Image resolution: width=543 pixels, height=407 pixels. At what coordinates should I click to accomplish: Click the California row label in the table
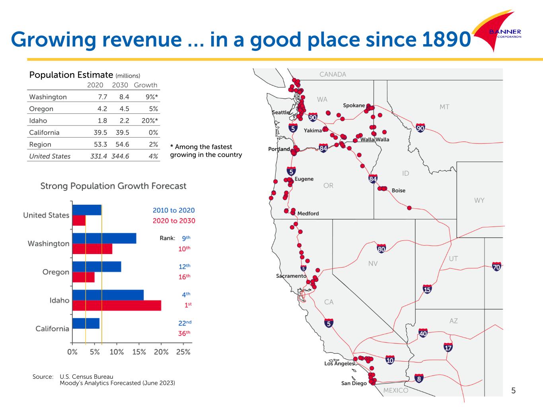tap(44, 133)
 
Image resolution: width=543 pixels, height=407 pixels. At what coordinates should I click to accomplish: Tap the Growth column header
tap(146, 85)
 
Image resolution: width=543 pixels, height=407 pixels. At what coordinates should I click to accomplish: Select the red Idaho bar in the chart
tap(117, 305)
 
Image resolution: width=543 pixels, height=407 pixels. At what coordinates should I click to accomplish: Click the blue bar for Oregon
tap(97, 267)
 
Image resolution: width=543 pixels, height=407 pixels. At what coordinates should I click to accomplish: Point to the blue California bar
tap(86, 324)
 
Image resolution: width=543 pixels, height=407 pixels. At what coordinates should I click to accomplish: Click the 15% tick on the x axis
tap(139, 352)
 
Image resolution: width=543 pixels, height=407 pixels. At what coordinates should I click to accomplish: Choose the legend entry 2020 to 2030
tap(174, 221)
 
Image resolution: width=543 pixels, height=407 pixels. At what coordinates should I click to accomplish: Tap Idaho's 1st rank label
tap(187, 304)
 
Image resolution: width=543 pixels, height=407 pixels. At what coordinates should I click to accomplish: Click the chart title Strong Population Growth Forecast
tap(113, 186)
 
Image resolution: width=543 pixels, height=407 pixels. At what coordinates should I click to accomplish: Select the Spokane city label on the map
tap(354, 105)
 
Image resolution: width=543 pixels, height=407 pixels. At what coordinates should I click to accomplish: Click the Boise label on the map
tap(398, 190)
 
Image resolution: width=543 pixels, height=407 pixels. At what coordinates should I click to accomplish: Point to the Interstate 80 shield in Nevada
tap(381, 249)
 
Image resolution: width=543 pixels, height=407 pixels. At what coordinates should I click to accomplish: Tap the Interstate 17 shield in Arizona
tap(448, 347)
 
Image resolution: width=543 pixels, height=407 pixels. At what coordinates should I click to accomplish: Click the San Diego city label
tap(354, 383)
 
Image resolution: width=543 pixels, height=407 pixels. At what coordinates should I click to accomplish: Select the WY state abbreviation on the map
tap(479, 200)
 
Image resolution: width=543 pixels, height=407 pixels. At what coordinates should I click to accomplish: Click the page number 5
tap(513, 390)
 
